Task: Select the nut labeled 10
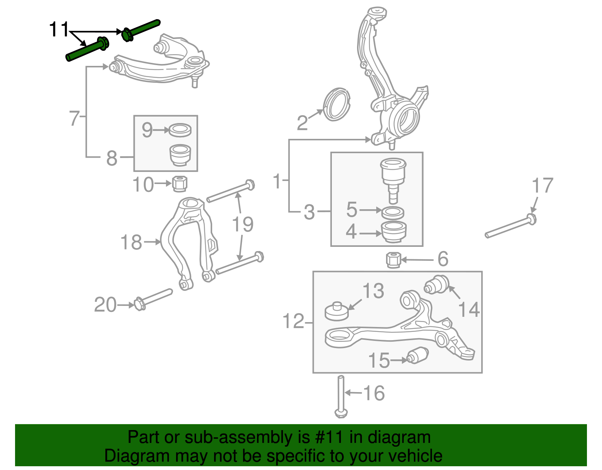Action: point(180,184)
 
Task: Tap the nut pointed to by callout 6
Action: point(394,260)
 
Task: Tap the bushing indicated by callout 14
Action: point(437,284)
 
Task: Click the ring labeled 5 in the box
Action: point(393,213)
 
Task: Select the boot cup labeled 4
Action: point(394,232)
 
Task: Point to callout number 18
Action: point(131,242)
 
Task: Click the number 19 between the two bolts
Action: point(243,224)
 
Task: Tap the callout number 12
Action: point(293,321)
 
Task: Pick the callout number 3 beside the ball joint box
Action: point(309,212)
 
